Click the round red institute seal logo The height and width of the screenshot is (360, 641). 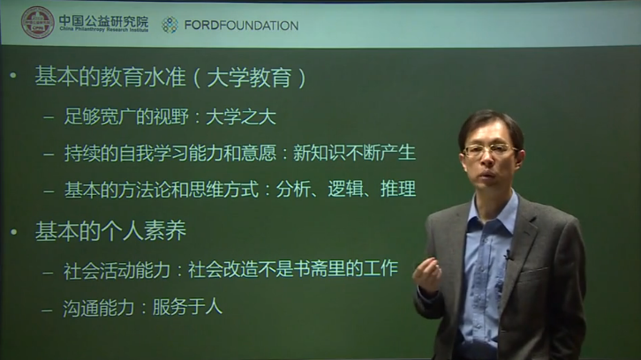click(x=37, y=23)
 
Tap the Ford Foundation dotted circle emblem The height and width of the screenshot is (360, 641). click(x=170, y=25)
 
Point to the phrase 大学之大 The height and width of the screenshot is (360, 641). click(x=252, y=116)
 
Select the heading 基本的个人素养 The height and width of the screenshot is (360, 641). click(x=110, y=231)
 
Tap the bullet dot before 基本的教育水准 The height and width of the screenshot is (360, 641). click(x=12, y=79)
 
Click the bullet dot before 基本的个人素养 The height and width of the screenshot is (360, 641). click(x=12, y=231)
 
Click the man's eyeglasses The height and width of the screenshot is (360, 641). click(x=488, y=151)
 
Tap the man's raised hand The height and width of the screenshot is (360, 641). click(x=429, y=274)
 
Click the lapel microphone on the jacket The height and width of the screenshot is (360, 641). click(x=508, y=256)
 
